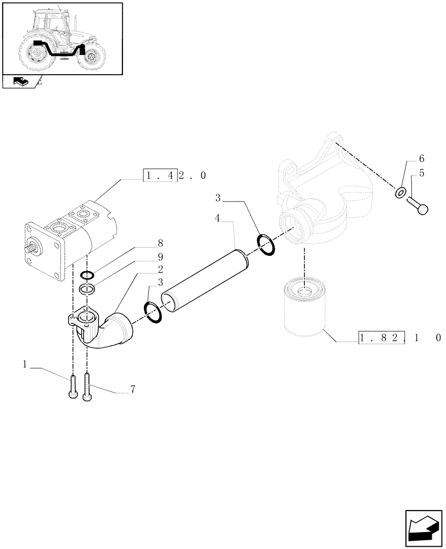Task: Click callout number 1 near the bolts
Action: click(x=25, y=363)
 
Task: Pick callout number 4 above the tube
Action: click(x=218, y=219)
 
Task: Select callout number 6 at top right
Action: click(x=422, y=159)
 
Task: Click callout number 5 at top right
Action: click(x=422, y=173)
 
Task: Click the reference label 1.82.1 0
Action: click(x=399, y=338)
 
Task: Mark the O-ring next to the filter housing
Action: click(x=265, y=245)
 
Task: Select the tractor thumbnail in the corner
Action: click(x=61, y=38)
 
